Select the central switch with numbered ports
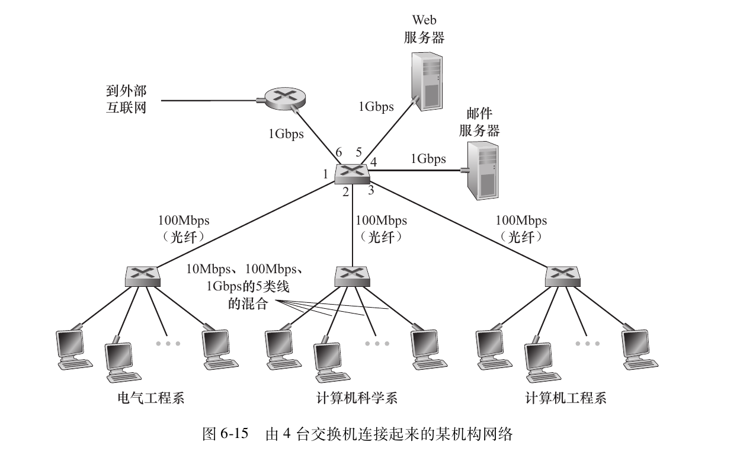[x=352, y=172]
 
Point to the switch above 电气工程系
[x=144, y=274]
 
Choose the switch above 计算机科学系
[x=352, y=274]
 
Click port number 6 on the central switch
[x=339, y=153]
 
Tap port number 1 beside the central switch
[x=325, y=174]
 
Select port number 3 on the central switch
[x=371, y=190]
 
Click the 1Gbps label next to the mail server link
[x=428, y=159]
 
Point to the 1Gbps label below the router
[x=286, y=134]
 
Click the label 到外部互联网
[x=123, y=100]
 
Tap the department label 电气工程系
[x=152, y=397]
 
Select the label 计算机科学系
[x=357, y=397]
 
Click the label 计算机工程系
[x=566, y=397]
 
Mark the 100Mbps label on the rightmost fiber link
[x=521, y=221]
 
